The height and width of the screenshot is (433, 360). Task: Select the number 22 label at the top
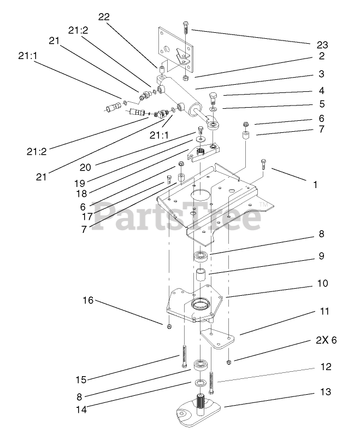[x=104, y=16]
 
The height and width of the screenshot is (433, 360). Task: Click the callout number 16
[x=88, y=300]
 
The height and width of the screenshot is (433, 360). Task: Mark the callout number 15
[x=80, y=379]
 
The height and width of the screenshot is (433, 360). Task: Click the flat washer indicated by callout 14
[x=200, y=382]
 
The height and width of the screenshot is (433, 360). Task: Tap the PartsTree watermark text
[x=180, y=215]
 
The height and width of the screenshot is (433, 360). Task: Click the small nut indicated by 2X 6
[x=229, y=361]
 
